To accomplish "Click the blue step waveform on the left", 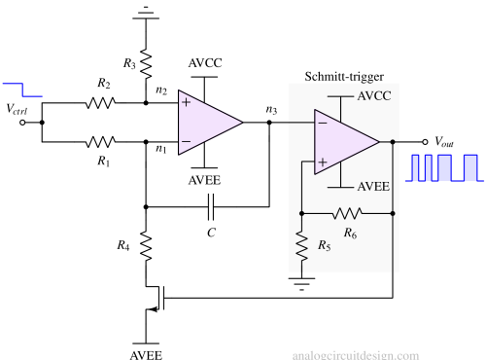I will click(x=21, y=90).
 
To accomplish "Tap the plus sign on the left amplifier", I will click(x=186, y=102).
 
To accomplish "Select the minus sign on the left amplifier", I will click(x=186, y=140).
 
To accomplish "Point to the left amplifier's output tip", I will click(x=241, y=122).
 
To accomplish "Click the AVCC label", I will click(x=374, y=96).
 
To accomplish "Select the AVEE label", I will click(x=374, y=187).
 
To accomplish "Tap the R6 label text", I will click(x=350, y=233).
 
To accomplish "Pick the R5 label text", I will click(x=324, y=245).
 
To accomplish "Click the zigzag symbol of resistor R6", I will click(x=347, y=212).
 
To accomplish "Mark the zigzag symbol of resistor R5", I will click(x=301, y=240).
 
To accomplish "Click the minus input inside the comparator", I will click(x=322, y=123).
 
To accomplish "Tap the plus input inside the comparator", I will click(x=322, y=162).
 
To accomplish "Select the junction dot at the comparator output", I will click(x=393, y=142).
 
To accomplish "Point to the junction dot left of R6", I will click(x=301, y=212).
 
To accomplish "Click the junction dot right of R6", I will click(x=393, y=212).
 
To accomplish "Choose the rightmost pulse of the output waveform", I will click(x=470, y=168).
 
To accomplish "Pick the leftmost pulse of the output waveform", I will click(x=416, y=168).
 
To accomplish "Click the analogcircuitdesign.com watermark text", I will click(x=356, y=355).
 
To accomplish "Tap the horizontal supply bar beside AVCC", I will click(x=340, y=96).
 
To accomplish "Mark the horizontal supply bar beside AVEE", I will click(x=340, y=187).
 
